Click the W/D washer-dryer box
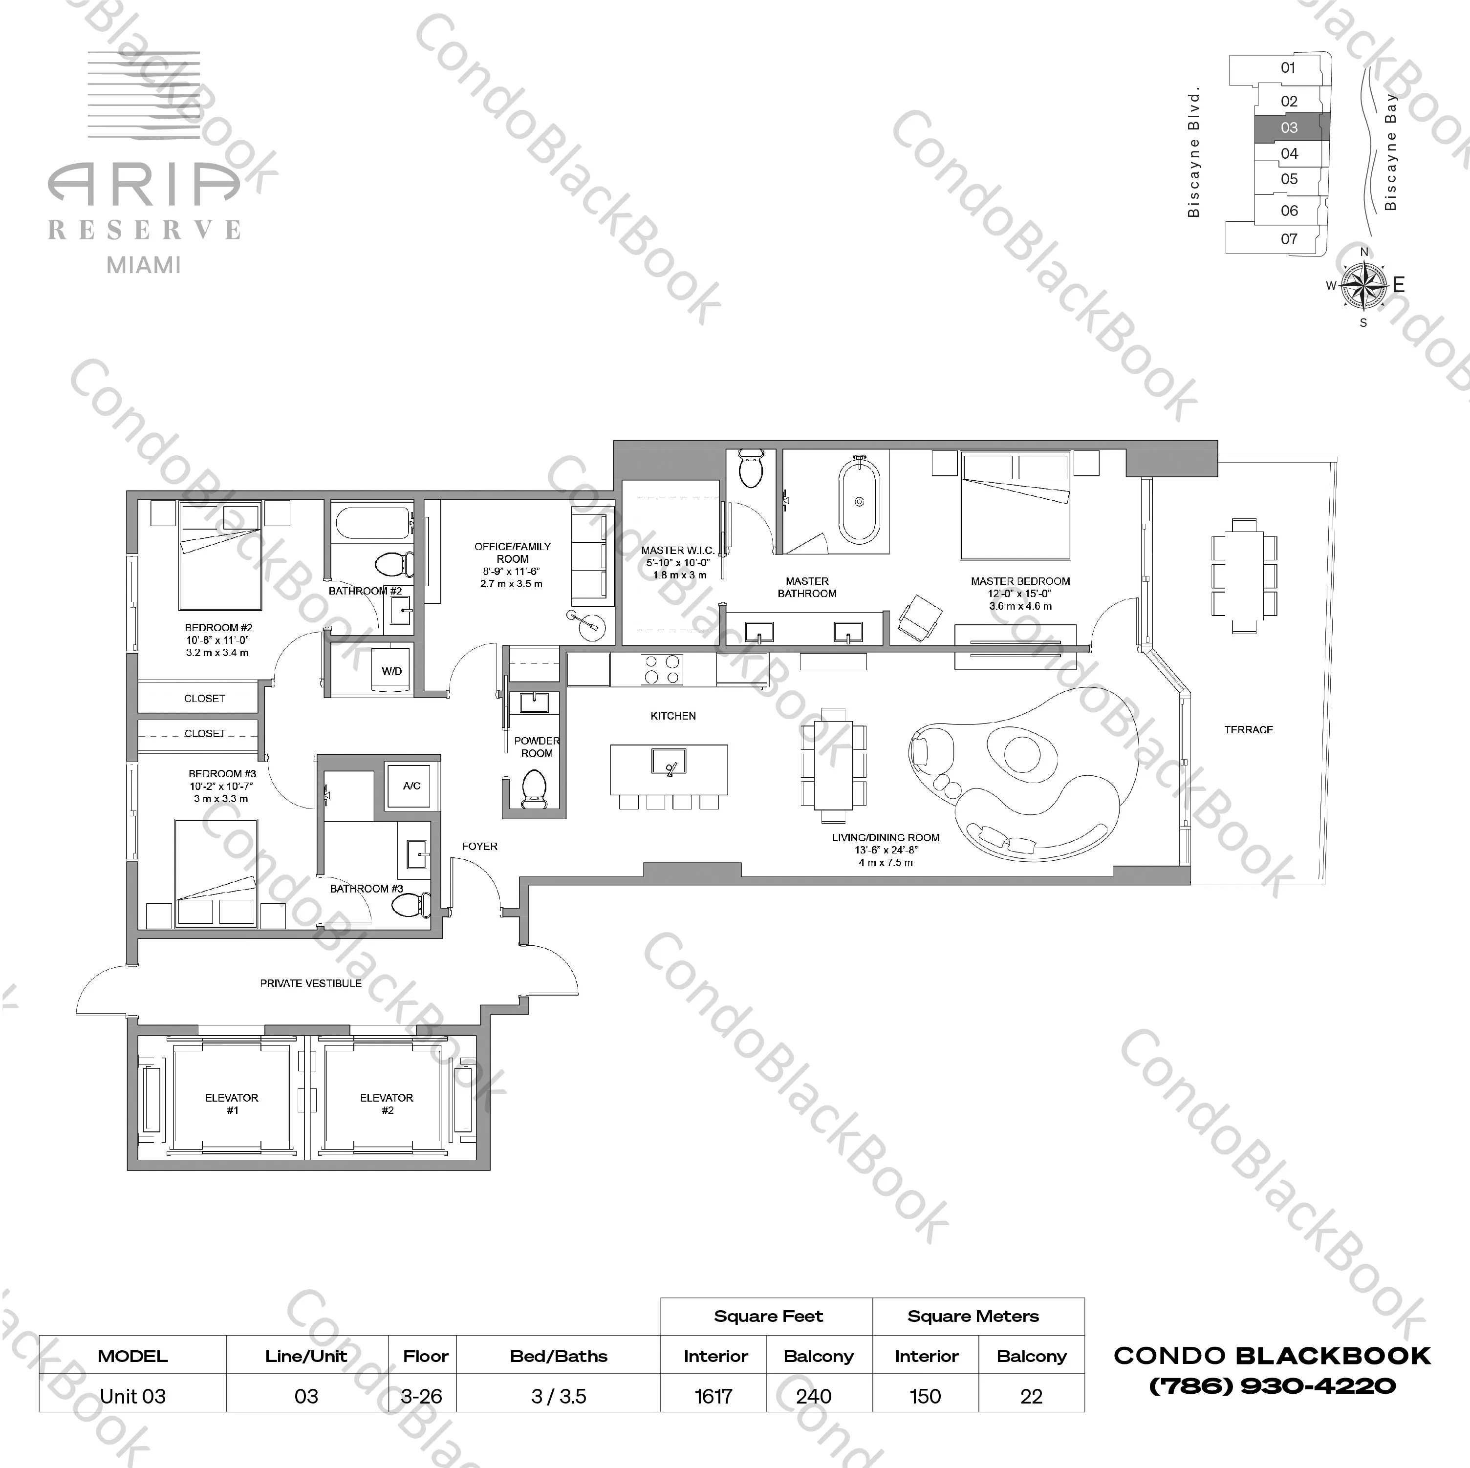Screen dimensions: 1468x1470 coord(392,671)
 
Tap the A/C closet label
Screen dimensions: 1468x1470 coord(411,786)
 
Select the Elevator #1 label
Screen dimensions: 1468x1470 coord(232,1104)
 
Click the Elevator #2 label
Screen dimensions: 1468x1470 coord(387,1104)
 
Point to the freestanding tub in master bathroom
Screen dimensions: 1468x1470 coord(859,502)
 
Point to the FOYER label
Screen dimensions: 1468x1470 coord(479,846)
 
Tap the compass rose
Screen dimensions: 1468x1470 coord(1363,285)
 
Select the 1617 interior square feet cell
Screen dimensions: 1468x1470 coord(713,1397)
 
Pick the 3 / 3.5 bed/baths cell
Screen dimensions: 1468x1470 coord(559,1397)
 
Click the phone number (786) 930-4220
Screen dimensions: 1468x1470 coord(1272,1386)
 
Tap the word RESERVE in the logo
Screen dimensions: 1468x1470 coord(145,230)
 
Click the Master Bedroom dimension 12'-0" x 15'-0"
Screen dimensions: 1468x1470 coord(1020,593)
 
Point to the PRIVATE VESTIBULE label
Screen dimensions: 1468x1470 coord(310,983)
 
